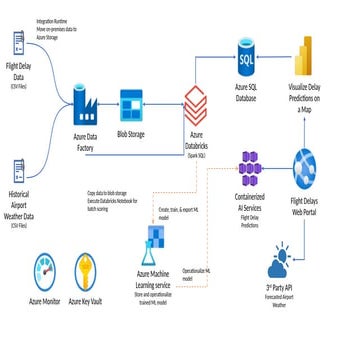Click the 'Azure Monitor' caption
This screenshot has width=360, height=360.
(x=42, y=300)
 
